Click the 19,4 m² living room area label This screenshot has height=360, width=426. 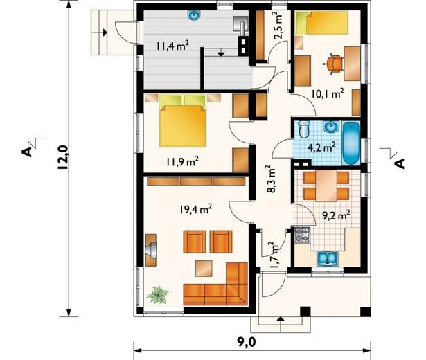coord(195,209)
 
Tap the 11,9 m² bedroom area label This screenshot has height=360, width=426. coord(183,161)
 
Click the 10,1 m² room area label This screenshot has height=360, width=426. coord(328,93)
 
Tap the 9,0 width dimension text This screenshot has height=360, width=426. coord(247,343)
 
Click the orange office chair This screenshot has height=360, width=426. coord(333,64)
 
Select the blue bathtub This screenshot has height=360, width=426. coord(351,143)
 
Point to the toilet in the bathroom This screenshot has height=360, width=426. coord(303,129)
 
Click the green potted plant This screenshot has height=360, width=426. coord(157,295)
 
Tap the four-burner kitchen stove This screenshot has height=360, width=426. coord(302,235)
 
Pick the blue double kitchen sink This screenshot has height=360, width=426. coord(328,258)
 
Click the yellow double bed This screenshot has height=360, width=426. coord(183,120)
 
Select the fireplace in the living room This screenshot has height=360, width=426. coord(151,250)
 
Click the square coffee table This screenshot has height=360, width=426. coord(204,268)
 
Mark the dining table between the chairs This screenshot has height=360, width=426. coord(326,186)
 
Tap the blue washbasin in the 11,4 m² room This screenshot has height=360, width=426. coord(193,15)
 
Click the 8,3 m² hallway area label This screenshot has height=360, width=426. coord(272,179)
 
